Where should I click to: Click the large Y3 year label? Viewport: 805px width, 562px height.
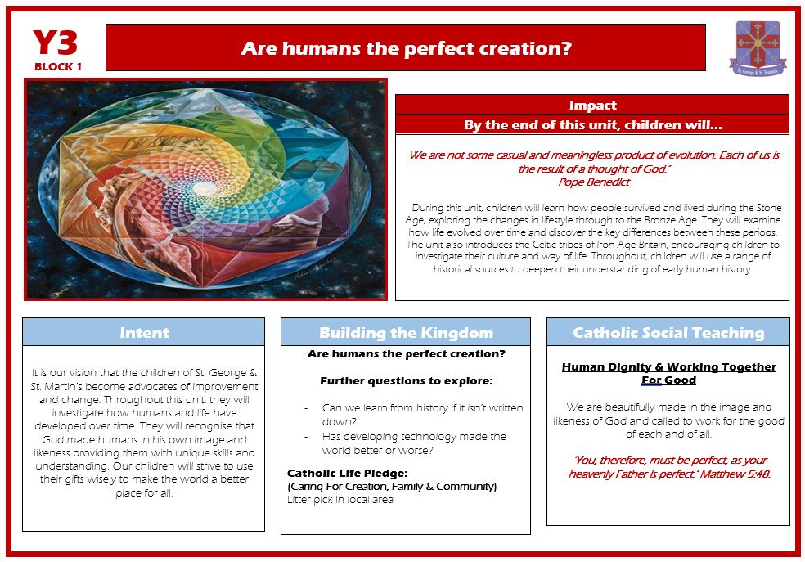55,43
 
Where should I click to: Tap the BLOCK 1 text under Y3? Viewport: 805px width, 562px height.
58,67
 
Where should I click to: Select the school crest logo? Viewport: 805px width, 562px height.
758,48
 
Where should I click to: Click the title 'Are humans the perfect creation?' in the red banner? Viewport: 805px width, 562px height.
406,48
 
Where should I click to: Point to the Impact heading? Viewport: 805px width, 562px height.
592,106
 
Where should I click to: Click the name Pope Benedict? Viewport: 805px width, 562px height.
594,182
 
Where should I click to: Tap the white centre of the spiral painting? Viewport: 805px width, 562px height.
205,188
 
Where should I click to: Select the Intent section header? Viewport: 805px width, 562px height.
144,333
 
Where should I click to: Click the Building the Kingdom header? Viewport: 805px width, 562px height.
406,333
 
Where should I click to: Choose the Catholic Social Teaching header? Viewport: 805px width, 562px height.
668,333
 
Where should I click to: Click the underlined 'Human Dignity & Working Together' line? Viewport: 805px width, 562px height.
669,367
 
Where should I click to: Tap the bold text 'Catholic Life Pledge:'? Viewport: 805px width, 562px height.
347,473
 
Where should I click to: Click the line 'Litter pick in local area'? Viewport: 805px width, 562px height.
340,500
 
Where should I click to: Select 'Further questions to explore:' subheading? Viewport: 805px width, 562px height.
406,381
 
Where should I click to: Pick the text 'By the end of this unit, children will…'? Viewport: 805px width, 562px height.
592,124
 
